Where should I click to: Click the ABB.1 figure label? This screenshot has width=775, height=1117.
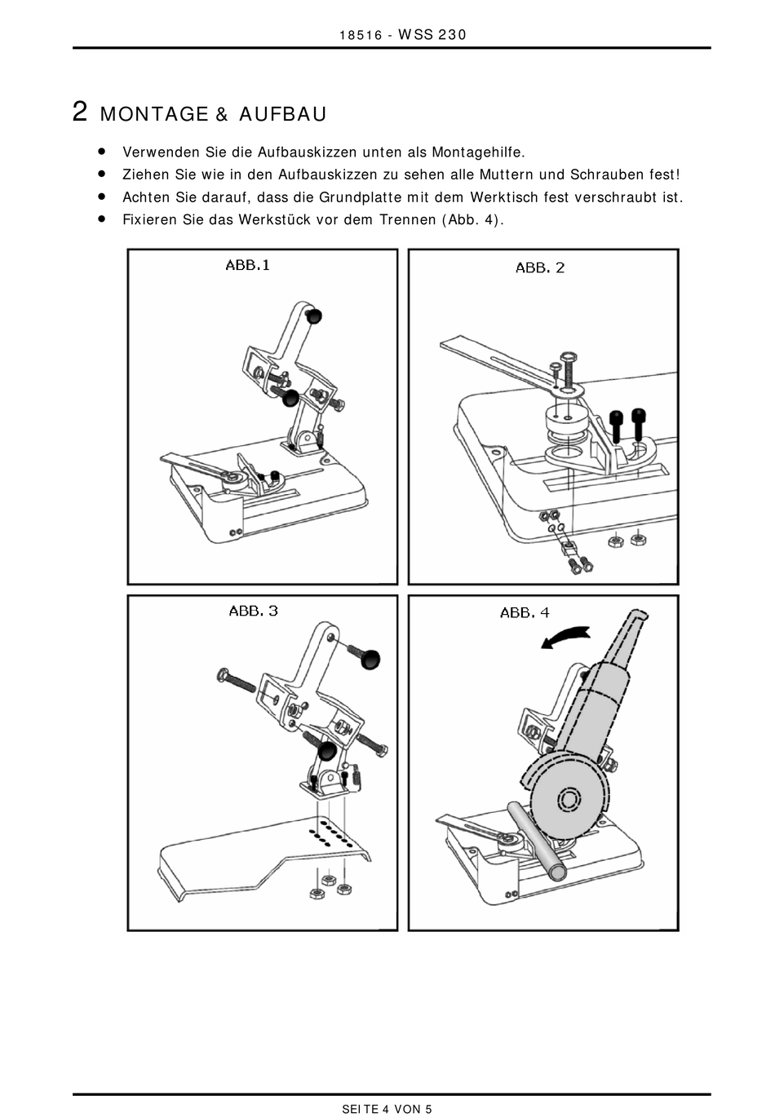point(247,264)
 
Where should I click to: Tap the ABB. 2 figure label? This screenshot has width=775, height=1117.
point(540,267)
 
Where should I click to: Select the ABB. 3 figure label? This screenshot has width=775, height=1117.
point(253,611)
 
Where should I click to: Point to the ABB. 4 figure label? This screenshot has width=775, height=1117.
point(525,612)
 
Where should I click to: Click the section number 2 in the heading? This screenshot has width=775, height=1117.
point(80,112)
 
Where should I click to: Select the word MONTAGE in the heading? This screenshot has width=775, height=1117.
point(154,114)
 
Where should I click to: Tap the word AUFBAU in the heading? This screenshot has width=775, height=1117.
point(282,114)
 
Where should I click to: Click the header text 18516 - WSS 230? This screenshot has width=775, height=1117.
point(402,34)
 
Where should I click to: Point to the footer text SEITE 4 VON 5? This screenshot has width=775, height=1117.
point(387,1109)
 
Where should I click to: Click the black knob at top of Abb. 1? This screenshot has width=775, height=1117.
point(313,316)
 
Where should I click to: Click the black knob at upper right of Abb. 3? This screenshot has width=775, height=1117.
point(370,659)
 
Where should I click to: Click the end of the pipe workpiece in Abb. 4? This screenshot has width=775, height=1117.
point(559,872)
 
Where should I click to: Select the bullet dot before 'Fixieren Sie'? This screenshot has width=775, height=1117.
point(102,219)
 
